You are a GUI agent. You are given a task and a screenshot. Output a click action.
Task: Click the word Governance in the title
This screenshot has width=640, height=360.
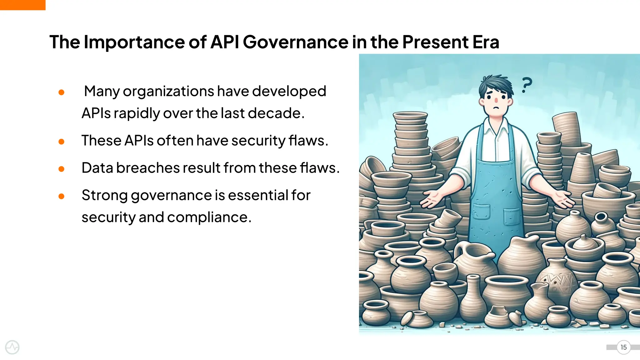(x=295, y=42)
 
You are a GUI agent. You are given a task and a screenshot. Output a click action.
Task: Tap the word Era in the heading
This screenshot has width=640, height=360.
(x=486, y=42)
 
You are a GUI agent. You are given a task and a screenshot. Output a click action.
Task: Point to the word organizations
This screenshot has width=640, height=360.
(x=168, y=92)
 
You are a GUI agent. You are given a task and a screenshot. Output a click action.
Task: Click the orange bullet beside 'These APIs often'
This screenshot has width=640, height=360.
(x=62, y=142)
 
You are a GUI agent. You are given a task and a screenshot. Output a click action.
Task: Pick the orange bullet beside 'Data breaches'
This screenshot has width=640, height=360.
(x=62, y=169)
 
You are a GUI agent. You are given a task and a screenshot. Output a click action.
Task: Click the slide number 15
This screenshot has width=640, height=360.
(x=623, y=347)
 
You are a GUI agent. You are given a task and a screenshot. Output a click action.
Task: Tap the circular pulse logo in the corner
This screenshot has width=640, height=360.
(x=12, y=347)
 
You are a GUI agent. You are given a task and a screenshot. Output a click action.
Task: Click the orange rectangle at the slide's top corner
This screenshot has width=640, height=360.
(x=22, y=5)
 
